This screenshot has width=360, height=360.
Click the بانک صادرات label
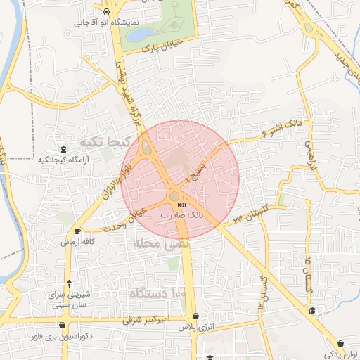[x=181, y=214]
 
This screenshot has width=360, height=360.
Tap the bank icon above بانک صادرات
[x=182, y=204]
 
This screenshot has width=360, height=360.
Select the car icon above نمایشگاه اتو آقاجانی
[x=105, y=13]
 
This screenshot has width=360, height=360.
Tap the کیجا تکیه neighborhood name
[x=106, y=141]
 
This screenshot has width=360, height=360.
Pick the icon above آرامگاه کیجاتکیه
[x=64, y=149]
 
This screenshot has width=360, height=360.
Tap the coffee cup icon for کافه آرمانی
[x=77, y=230]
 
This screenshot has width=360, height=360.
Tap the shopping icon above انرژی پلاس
[x=195, y=316]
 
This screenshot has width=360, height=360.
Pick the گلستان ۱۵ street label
[x=307, y=274]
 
